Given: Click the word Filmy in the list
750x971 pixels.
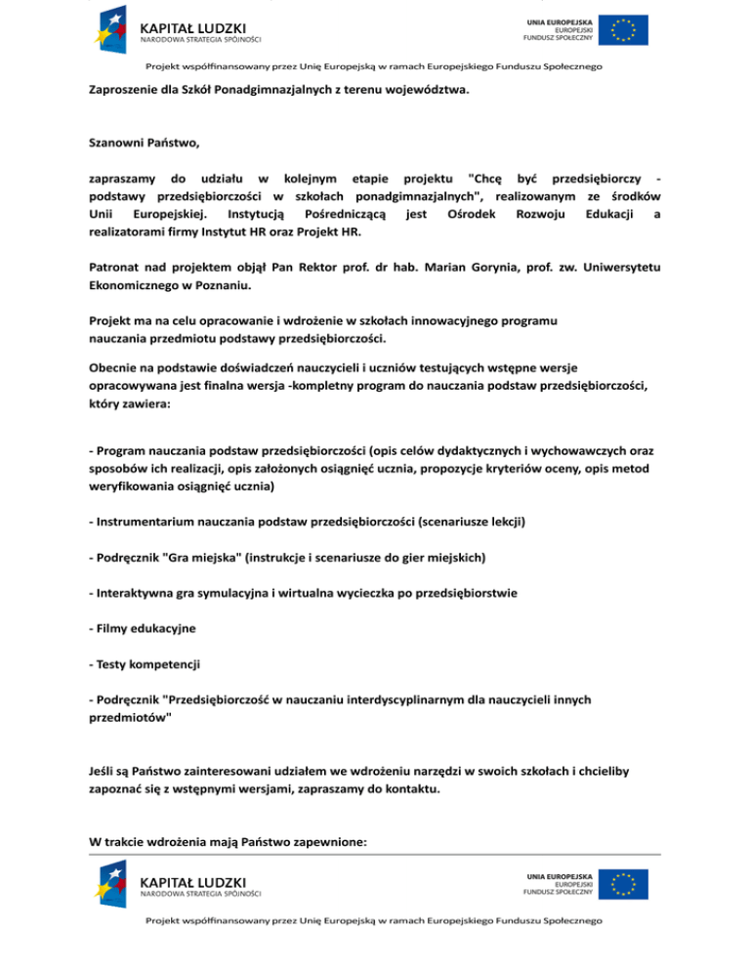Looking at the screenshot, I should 110,628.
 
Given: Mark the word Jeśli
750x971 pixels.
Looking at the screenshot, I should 103,771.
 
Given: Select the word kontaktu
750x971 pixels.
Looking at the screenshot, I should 410,788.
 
